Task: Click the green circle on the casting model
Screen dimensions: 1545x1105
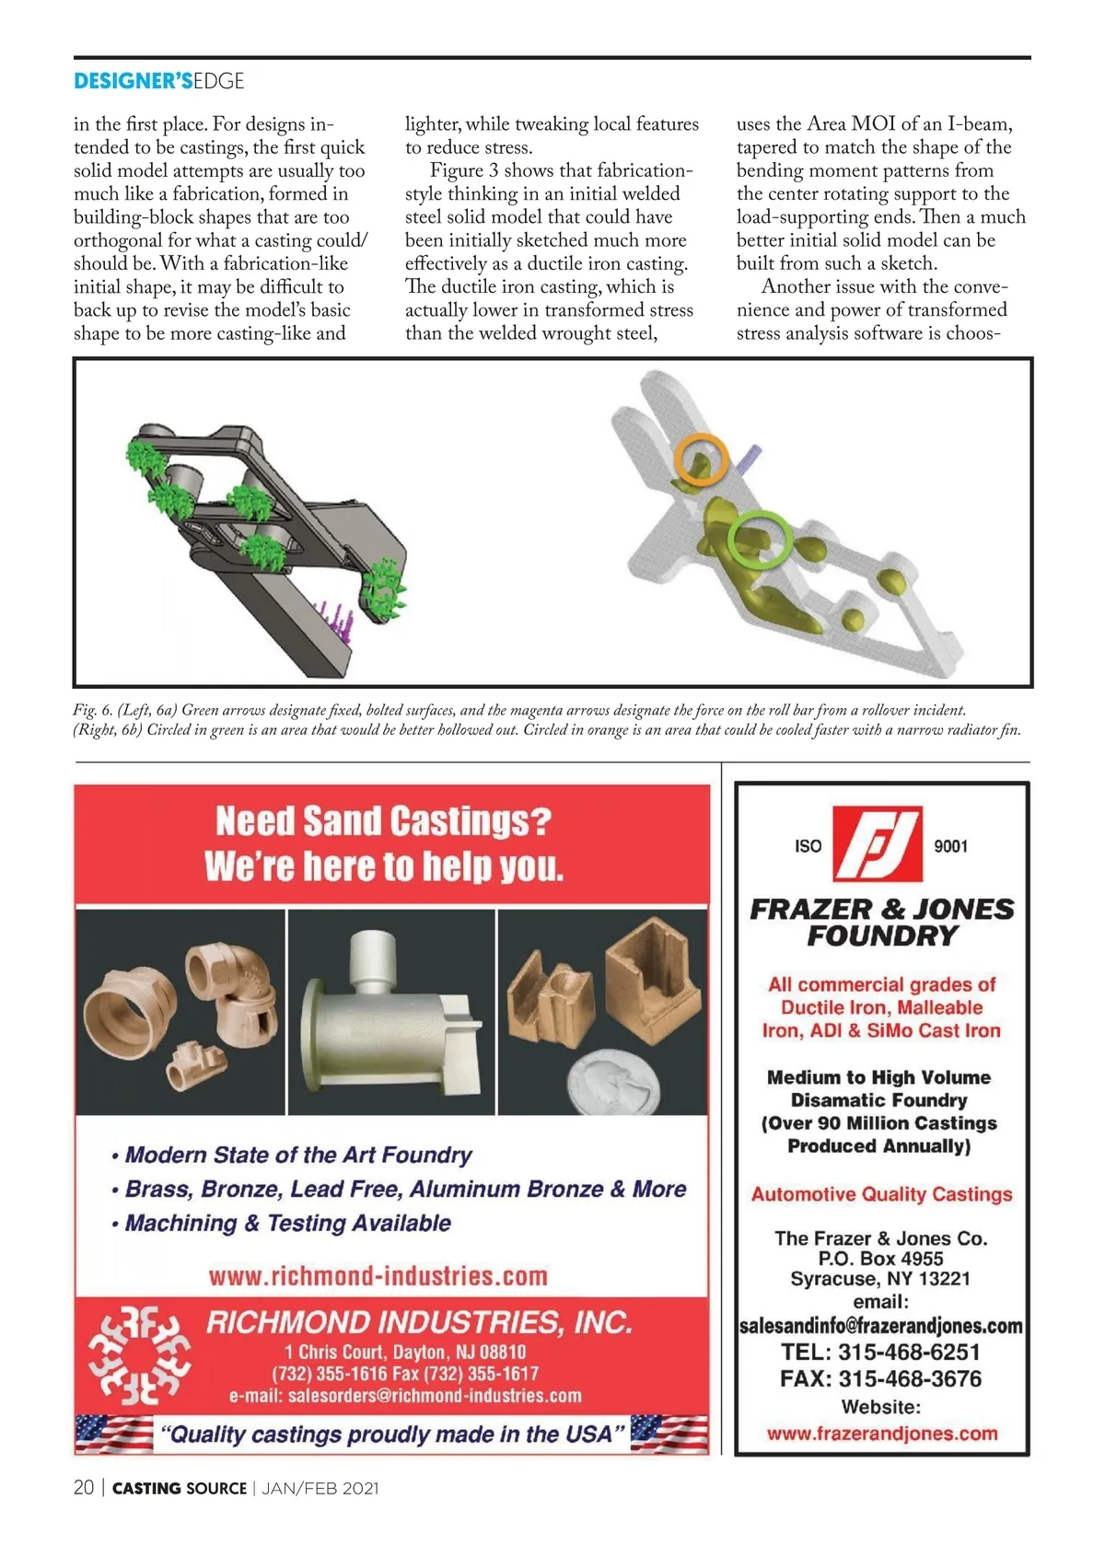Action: pos(760,540)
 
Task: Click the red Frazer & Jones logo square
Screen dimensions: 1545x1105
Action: pos(876,844)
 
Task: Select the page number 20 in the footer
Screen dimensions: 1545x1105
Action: pos(83,1488)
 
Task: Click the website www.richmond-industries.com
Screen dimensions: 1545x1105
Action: pos(378,1276)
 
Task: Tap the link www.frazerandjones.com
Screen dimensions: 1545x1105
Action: pos(881,1434)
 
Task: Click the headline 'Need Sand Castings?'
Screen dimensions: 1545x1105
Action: pos(383,820)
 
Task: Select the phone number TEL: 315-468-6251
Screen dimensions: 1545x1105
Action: pos(880,1352)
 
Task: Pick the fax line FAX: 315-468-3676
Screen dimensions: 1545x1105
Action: pos(880,1378)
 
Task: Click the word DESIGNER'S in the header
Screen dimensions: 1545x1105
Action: pos(133,81)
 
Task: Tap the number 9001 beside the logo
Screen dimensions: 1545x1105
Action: pos(950,846)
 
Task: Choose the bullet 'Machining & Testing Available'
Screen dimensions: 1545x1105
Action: pos(287,1224)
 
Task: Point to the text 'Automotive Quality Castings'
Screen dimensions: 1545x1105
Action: pos(881,1194)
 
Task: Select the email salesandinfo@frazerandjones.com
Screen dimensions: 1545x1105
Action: pos(881,1326)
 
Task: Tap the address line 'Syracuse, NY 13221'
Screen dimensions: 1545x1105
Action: pos(880,1279)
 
